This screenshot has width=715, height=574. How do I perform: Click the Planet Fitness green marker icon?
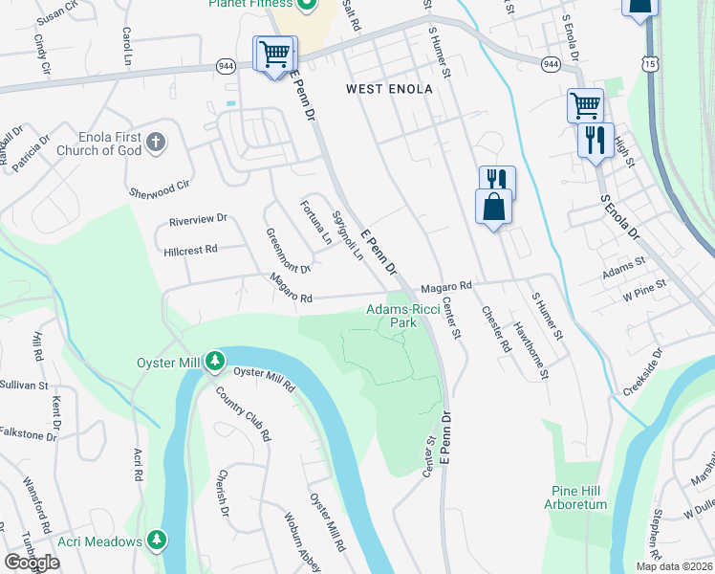tap(307, 7)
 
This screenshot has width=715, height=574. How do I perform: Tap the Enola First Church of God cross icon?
tap(158, 143)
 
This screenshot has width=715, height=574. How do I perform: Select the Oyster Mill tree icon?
tap(216, 360)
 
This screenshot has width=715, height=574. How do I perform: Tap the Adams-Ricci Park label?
tap(402, 316)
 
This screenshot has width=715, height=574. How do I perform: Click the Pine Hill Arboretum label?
tap(578, 497)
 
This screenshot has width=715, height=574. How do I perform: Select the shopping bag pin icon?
tap(494, 207)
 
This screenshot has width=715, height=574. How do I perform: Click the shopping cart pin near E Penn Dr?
tap(275, 54)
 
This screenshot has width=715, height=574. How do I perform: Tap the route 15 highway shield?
tap(651, 62)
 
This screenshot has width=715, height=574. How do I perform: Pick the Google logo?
tap(32, 563)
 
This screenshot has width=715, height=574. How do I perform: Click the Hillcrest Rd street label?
tap(191, 249)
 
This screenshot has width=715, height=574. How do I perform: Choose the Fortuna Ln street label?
tap(315, 221)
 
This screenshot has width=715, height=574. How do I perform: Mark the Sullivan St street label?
tap(24, 385)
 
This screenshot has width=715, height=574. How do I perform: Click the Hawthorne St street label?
tap(531, 350)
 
